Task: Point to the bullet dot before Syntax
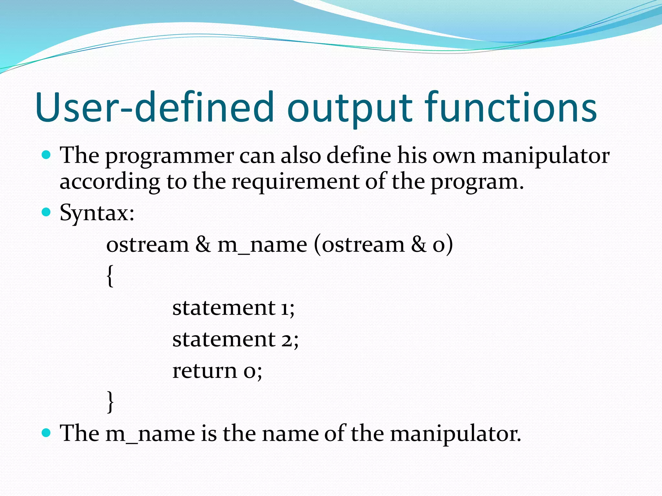coord(47,212)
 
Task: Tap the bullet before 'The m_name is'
coord(47,432)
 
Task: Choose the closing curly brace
coord(110,401)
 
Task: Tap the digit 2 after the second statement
coord(286,340)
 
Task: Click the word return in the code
coord(205,371)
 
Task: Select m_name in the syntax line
coord(262,245)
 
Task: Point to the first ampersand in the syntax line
coord(203,244)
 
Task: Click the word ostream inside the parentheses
coord(363,244)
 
